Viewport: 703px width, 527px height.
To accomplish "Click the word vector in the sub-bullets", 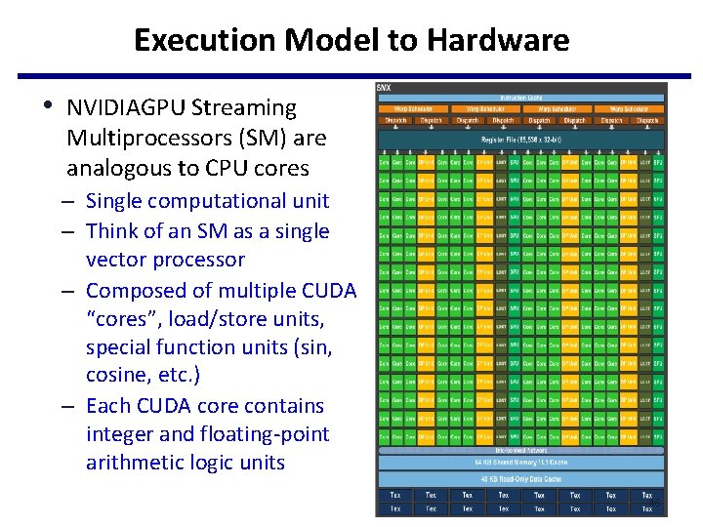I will click(x=116, y=260).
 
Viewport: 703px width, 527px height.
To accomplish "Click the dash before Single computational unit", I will click(x=73, y=202).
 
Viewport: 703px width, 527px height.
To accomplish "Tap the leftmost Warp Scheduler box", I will click(x=414, y=108).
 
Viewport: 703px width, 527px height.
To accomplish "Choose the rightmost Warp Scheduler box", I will click(x=630, y=108).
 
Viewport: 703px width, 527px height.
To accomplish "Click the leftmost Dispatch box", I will click(x=395, y=120).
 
